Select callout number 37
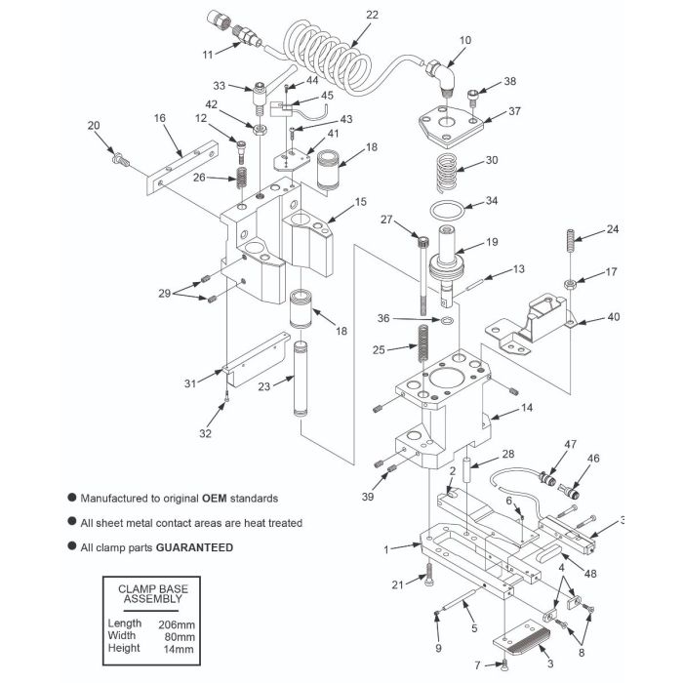pyautogui.click(x=516, y=112)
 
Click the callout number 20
pyautogui.click(x=94, y=125)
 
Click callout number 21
pyautogui.click(x=397, y=584)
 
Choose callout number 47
pyautogui.click(x=570, y=444)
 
